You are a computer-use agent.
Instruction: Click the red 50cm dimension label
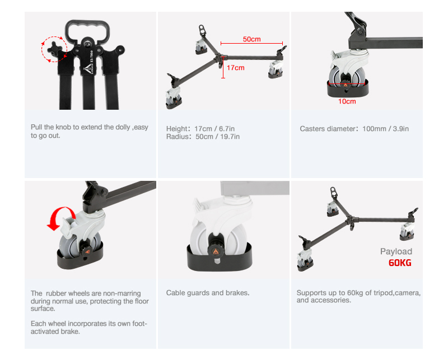click(251, 39)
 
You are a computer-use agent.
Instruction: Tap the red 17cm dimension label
click(236, 68)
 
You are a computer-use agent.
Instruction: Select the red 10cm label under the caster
click(347, 101)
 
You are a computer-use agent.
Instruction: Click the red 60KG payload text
click(400, 263)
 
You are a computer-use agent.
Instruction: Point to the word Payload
click(396, 251)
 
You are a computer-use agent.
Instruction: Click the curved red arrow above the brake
click(60, 217)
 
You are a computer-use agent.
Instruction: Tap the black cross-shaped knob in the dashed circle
click(54, 49)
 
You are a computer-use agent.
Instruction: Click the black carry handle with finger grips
click(87, 31)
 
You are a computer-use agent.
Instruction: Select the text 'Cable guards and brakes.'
click(208, 293)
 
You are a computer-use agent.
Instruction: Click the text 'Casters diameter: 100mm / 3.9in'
click(354, 129)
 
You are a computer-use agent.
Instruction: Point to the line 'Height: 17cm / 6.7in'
click(200, 129)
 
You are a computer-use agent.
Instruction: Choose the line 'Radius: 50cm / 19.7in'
click(203, 137)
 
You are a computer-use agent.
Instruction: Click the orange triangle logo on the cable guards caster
click(216, 251)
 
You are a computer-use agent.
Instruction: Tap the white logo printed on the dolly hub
click(88, 69)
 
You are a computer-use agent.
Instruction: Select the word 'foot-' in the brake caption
click(139, 324)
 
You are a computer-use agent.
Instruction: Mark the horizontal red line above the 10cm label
click(347, 83)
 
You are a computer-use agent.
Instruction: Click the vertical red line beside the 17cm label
click(223, 67)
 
